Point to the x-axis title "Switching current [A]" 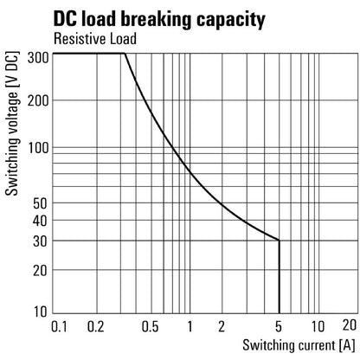291,345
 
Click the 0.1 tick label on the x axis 60,326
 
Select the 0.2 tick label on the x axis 95,326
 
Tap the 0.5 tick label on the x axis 150,326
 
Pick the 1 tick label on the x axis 188,326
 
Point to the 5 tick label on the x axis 279,326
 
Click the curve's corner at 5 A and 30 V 279,241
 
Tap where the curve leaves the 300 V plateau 125,54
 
